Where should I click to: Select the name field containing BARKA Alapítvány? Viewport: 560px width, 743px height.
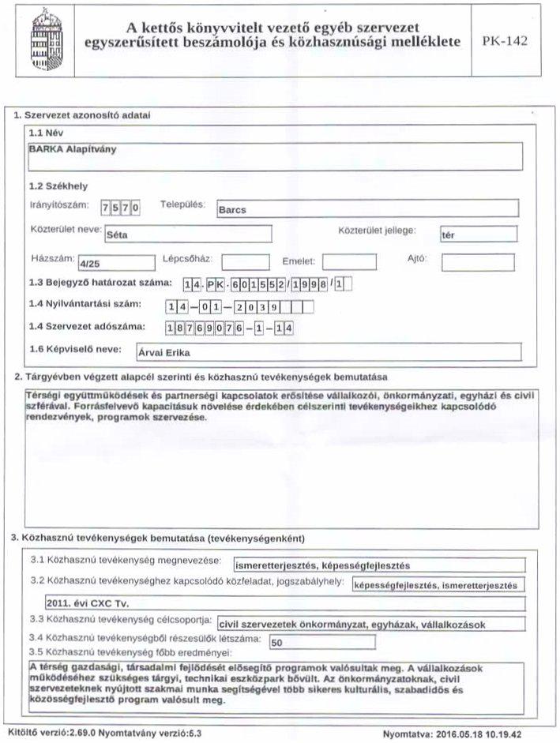pos(273,155)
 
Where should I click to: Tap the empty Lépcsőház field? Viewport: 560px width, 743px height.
pos(245,261)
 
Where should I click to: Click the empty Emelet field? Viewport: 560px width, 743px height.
pos(349,261)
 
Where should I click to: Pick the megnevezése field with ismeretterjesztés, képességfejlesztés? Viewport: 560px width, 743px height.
pos(380,565)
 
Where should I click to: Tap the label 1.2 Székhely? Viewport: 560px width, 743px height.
pos(58,186)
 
